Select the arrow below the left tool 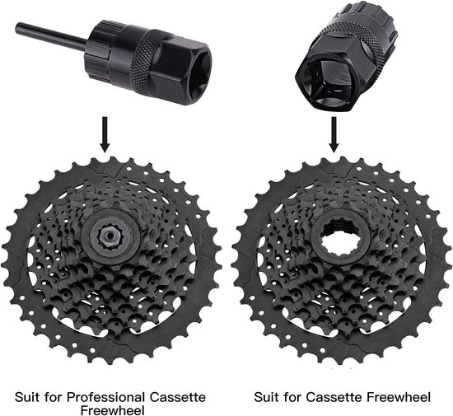[105, 133]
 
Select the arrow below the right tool [334, 133]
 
